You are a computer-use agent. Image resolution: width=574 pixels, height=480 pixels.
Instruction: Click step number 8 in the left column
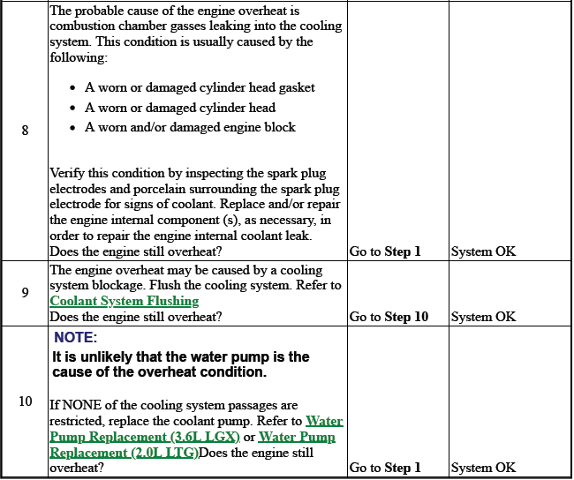click(25, 131)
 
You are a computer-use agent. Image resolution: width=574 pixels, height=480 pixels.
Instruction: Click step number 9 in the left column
click(25, 293)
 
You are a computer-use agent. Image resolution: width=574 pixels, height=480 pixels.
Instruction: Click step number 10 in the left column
click(25, 401)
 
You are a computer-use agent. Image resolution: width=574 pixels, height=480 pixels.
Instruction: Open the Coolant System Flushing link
click(124, 301)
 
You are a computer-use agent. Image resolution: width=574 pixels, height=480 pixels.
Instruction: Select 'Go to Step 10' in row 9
click(389, 317)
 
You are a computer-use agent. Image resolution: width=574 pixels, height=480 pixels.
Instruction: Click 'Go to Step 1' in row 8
click(385, 251)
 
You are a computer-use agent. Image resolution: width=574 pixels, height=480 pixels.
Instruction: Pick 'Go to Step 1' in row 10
click(385, 468)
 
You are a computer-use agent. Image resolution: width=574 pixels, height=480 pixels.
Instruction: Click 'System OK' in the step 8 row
click(483, 251)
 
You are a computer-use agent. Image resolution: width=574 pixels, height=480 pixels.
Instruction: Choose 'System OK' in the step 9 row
click(483, 317)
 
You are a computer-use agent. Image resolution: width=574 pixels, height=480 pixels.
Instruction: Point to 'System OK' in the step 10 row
click(483, 468)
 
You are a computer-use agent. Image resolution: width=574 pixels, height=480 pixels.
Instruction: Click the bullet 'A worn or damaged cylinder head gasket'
click(200, 87)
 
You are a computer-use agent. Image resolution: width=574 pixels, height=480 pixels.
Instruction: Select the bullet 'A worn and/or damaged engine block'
click(190, 127)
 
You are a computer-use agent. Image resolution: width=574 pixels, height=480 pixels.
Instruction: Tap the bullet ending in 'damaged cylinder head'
click(180, 108)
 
